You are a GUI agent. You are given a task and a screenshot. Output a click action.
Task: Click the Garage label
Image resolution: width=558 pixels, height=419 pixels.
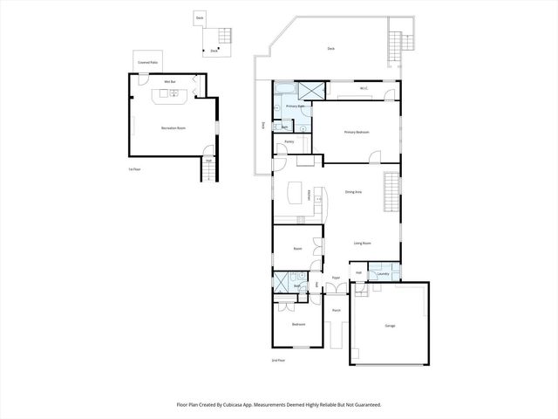(390, 326)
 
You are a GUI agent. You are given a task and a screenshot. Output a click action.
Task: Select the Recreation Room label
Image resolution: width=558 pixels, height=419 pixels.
(174, 128)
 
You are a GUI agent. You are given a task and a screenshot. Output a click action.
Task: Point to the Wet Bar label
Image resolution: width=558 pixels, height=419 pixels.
(170, 81)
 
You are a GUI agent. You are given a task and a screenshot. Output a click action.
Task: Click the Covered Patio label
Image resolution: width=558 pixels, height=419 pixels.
(147, 63)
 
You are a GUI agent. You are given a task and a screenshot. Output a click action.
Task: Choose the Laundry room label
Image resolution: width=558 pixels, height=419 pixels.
(383, 273)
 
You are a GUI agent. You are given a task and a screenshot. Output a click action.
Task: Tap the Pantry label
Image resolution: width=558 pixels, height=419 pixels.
(289, 141)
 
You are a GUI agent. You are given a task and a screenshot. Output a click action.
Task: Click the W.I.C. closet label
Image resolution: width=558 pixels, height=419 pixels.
(364, 88)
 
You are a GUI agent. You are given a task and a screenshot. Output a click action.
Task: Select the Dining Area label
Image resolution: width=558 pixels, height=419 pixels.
(353, 191)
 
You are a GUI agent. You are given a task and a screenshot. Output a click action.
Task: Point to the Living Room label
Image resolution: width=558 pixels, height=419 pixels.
(363, 244)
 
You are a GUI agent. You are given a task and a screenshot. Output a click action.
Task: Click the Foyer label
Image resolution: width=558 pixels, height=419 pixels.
(336, 278)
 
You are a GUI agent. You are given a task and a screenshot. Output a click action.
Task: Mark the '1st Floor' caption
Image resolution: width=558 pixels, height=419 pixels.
(134, 168)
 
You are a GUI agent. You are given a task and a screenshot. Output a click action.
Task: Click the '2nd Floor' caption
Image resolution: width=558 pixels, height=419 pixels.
(278, 360)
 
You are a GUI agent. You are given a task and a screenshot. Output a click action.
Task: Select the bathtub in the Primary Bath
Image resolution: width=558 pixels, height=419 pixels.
(284, 90)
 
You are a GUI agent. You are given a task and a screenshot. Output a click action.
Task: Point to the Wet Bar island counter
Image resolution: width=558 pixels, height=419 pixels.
(168, 94)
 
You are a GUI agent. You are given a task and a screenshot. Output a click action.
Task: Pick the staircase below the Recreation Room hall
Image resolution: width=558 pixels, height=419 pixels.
(208, 173)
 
